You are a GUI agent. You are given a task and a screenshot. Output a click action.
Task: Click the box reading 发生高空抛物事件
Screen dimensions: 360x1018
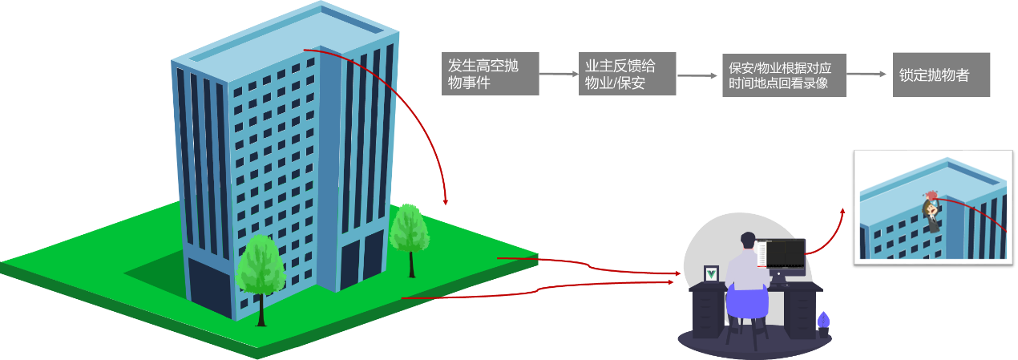(x=490, y=74)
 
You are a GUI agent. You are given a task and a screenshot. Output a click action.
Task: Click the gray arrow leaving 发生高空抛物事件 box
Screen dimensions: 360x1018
(x=559, y=75)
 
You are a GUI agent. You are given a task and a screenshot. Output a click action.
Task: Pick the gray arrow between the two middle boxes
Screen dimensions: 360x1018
(x=697, y=75)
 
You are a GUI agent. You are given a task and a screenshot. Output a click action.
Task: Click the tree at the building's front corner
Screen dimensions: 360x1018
(x=261, y=265)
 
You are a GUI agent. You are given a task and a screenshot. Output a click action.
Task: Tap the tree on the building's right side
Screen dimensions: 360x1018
(x=410, y=230)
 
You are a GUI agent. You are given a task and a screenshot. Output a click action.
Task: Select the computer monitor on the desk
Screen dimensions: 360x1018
(x=786, y=254)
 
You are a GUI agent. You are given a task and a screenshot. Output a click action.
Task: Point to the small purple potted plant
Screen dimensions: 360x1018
(x=822, y=321)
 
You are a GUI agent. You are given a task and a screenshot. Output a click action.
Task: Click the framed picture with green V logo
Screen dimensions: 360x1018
(x=711, y=273)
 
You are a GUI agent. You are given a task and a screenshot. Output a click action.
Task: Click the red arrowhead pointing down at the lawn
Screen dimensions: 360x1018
(x=446, y=200)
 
